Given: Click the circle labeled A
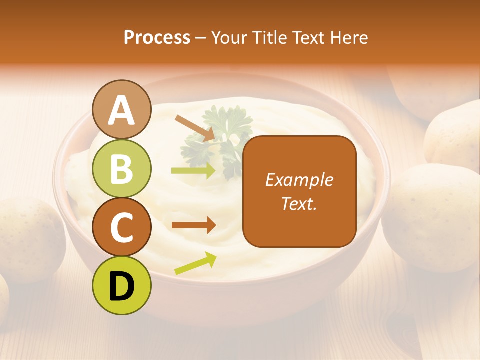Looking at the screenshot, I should (x=122, y=109).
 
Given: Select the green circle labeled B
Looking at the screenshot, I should (x=122, y=168).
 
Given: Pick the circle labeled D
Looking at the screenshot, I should (x=122, y=285).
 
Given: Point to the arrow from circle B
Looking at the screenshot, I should (x=193, y=170).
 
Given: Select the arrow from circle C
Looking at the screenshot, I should (x=193, y=225).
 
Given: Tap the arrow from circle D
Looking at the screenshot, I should (x=195, y=263).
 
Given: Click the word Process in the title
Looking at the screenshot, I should (x=157, y=38).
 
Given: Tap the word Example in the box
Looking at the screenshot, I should (x=299, y=180).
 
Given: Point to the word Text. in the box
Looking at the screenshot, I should (x=299, y=204).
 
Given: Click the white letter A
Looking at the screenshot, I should (x=122, y=110).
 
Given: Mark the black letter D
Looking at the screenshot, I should (x=122, y=286).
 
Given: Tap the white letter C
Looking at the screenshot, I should (x=122, y=227).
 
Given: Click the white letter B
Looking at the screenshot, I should (x=122, y=168).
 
